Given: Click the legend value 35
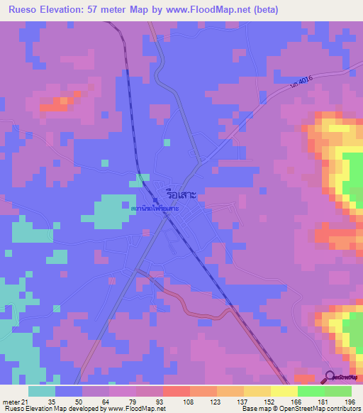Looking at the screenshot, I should click(x=51, y=401).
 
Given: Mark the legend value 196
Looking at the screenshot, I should click(x=339, y=401).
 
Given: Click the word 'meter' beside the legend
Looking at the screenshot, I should click(x=9, y=401).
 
